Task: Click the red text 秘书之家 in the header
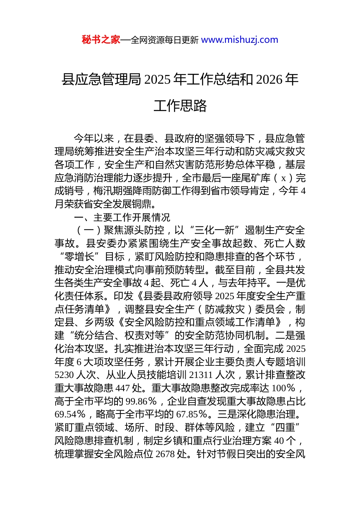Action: [x=101, y=40]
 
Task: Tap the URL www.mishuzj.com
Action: [x=239, y=40]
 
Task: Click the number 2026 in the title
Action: [x=269, y=80]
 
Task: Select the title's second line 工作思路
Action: [x=180, y=106]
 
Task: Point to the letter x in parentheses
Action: [x=283, y=178]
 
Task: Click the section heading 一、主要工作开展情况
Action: [x=122, y=217]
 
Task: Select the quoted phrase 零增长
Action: [x=80, y=257]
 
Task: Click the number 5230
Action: [x=64, y=375]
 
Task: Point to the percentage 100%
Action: [x=283, y=388]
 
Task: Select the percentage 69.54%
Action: [x=70, y=414]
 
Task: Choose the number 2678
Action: [x=165, y=454]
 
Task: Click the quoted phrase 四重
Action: [x=285, y=428]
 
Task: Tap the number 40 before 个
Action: [x=279, y=441]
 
